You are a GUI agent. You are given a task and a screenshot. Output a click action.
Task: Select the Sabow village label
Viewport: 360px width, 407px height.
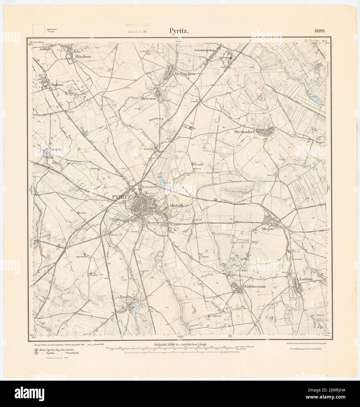pos(57,85)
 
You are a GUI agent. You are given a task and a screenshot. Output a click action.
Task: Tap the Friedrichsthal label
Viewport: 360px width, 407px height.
pos(205,50)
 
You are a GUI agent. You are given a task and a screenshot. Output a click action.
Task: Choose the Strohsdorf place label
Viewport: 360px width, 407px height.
pos(245,132)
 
